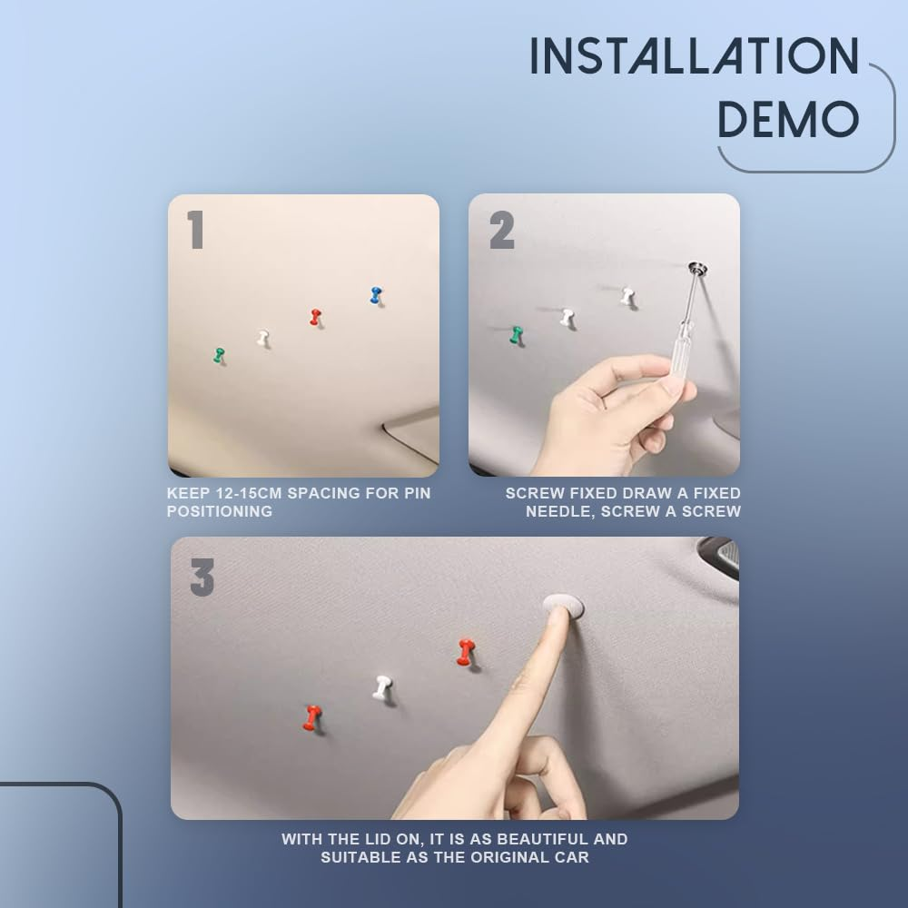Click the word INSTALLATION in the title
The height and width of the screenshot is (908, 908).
pos(694,57)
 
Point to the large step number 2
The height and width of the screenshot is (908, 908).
pos(501,231)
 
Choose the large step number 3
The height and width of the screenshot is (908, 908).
pos(202,577)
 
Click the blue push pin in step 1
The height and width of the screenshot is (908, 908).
pos(376,295)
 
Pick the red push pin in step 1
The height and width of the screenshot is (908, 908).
pos(315,317)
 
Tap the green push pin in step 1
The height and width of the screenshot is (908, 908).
pos(219,355)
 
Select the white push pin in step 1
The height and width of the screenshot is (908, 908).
pos(262,339)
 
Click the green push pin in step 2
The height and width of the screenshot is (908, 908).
pos(517,335)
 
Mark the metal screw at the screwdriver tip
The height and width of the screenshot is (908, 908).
pos(697,266)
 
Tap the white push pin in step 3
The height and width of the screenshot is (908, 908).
pos(381,687)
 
